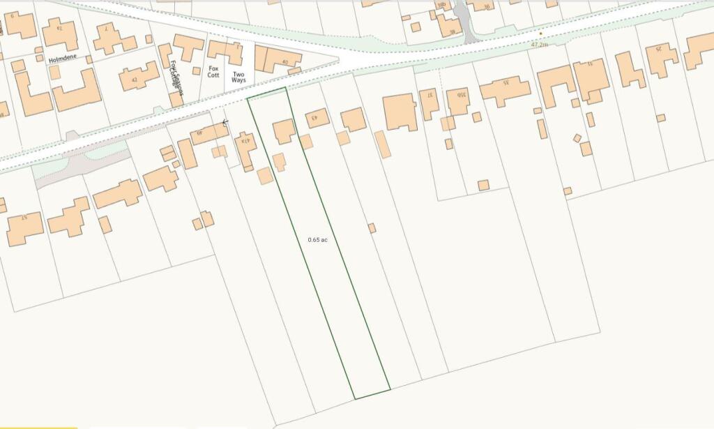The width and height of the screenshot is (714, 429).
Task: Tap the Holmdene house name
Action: [x=61, y=60]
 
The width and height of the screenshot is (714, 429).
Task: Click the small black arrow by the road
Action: [x=225, y=123]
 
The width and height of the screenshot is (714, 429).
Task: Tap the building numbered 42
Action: [x=139, y=76]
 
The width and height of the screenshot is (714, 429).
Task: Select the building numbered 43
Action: [x=317, y=117]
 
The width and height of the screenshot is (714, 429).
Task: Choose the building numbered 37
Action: [x=430, y=102]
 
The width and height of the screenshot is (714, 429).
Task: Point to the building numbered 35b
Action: [x=458, y=100]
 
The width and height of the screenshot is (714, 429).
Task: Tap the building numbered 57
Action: [x=25, y=227]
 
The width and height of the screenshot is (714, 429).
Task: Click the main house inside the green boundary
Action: [x=283, y=131]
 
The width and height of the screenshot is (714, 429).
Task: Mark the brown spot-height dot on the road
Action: [x=540, y=33]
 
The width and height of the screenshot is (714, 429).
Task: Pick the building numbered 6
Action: [x=20, y=25]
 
